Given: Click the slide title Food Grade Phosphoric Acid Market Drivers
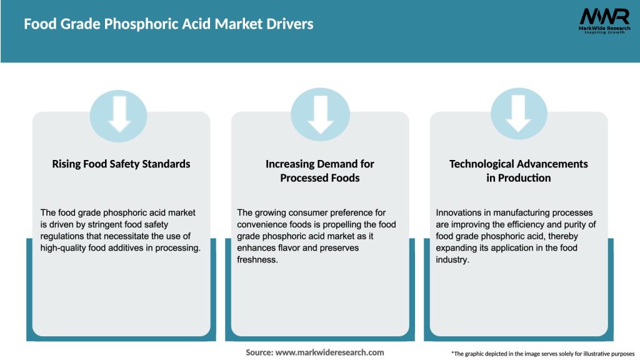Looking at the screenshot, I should pos(169,24).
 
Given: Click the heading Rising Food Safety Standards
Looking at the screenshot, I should pos(121,164).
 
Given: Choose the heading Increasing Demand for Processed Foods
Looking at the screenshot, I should pos(320,171).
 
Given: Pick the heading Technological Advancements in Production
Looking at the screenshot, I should pos(519,171).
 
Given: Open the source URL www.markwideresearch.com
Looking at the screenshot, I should pos(329,352).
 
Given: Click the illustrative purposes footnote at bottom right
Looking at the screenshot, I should pos(542,354).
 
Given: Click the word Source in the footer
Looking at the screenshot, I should pos(259,352).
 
